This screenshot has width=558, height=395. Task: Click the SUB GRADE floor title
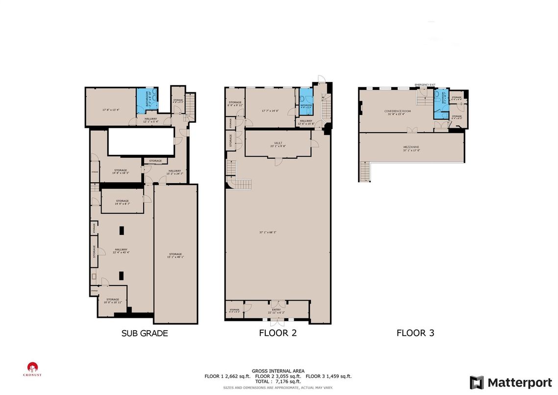145,333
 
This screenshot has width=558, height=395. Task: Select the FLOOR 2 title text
278,333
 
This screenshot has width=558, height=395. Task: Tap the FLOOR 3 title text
415,333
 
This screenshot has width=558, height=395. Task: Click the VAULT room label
278,144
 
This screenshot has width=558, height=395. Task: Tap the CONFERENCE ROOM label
397,113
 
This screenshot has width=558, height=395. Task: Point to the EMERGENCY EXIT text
425,85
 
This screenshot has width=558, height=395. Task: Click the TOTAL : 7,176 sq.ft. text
278,381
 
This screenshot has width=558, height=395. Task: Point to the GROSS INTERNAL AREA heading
278,371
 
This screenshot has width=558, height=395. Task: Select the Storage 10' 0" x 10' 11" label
113,301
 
